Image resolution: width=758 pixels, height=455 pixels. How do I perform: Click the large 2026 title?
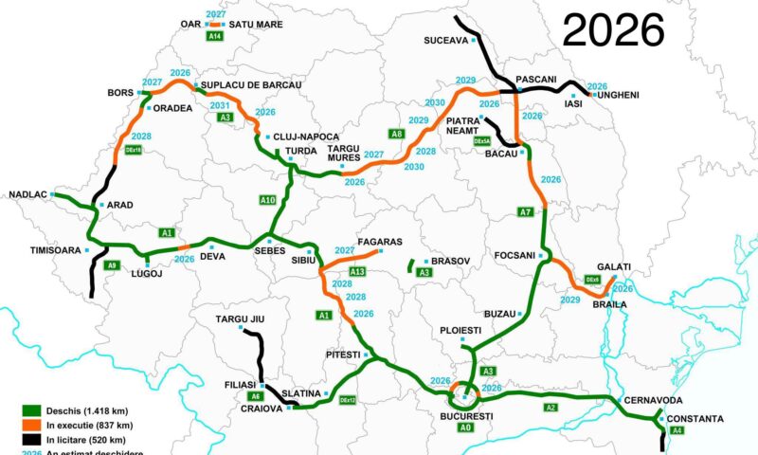613,30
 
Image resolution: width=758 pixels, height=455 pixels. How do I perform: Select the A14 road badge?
215,36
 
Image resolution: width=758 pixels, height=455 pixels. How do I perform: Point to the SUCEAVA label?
445,41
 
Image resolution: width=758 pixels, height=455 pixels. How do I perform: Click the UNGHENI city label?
618,95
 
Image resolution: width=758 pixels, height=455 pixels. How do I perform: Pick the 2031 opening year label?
220,105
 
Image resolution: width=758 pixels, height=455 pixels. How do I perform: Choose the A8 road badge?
397,135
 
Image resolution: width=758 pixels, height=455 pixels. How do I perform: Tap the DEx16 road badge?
134,150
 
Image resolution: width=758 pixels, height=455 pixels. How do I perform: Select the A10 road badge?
267,200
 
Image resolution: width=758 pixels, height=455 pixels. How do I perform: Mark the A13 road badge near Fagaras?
357,272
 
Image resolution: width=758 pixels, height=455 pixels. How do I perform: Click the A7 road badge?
526,211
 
